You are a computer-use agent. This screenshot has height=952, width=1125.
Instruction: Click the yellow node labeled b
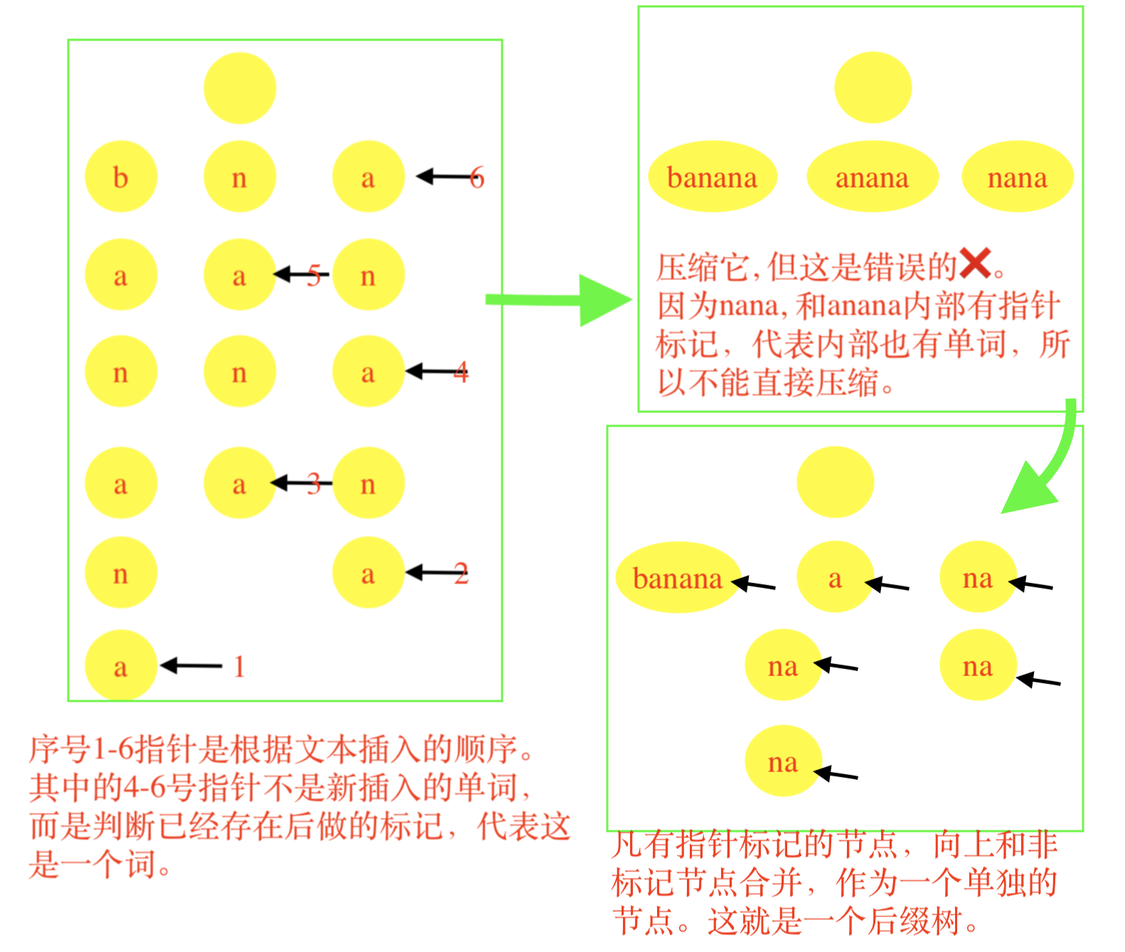coord(121,177)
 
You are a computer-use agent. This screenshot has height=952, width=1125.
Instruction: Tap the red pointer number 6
coord(477,178)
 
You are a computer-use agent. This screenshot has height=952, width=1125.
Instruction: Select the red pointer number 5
coord(314,276)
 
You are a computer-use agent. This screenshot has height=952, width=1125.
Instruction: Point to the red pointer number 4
coord(462,373)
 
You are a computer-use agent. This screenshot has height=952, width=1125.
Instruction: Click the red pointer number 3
coord(314,484)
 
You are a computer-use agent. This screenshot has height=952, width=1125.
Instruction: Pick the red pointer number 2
coord(462,574)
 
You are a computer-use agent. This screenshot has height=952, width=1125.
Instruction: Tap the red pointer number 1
coord(240,667)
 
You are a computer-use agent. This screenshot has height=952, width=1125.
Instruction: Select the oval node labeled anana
coord(872,177)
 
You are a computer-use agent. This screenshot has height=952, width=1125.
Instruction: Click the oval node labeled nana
coord(1017,177)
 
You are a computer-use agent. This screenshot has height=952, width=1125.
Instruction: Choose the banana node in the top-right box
coord(713,177)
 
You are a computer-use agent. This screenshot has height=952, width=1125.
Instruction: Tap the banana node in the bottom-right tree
coord(677,578)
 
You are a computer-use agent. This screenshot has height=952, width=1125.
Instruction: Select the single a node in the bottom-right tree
coord(835,578)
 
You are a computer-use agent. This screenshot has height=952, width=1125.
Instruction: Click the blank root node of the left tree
coord(240,88)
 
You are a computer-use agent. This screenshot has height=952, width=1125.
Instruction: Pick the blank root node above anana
coord(873,87)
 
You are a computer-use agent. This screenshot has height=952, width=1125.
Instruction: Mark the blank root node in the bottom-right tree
coord(835,482)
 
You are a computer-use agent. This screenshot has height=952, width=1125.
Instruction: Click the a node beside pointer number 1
coord(121,666)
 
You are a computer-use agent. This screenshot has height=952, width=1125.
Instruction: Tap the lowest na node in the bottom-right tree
coord(783,761)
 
